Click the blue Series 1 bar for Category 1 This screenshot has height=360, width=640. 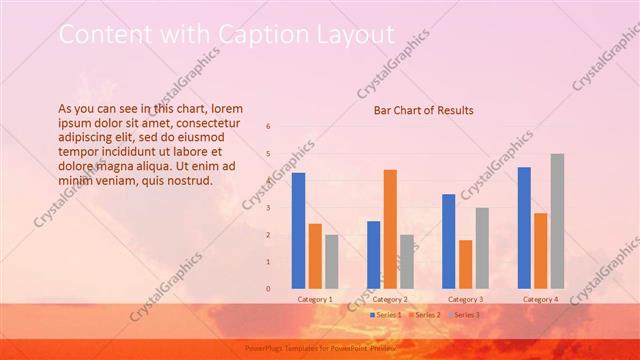point(298,231)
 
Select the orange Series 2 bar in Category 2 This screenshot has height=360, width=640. point(390,229)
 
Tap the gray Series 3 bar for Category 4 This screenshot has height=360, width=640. point(557,221)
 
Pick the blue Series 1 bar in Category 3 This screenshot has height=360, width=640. point(449,241)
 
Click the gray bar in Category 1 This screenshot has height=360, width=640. point(331,262)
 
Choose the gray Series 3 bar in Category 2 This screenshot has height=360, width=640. point(406,262)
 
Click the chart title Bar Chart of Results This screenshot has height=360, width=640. point(424,110)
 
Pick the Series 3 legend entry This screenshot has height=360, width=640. point(464,315)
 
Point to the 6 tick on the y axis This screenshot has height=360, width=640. point(268,127)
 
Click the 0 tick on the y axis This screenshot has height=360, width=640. point(268,289)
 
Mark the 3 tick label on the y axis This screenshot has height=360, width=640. point(268,208)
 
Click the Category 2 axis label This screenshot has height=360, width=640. point(390,299)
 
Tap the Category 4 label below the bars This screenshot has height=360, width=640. point(541,299)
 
